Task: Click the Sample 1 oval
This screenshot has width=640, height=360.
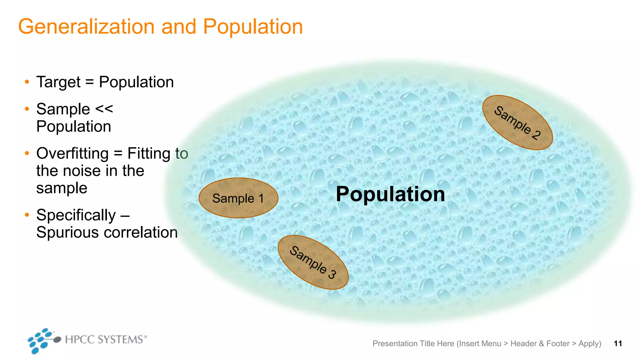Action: point(238,198)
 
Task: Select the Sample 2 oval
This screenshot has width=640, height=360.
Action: point(517,123)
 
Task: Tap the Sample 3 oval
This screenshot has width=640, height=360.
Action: point(313,262)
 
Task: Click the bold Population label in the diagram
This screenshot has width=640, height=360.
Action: point(390,194)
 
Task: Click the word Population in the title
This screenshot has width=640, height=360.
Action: point(253,27)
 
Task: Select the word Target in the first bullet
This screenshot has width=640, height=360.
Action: point(58,82)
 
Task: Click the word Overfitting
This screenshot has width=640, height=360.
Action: point(72,154)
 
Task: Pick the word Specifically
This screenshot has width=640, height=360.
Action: point(76,215)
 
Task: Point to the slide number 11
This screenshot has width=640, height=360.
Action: point(618,344)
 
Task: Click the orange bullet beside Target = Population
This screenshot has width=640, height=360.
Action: point(27,82)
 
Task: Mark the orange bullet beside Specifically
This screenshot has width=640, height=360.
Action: point(27,215)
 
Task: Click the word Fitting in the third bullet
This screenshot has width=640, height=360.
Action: point(149,154)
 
